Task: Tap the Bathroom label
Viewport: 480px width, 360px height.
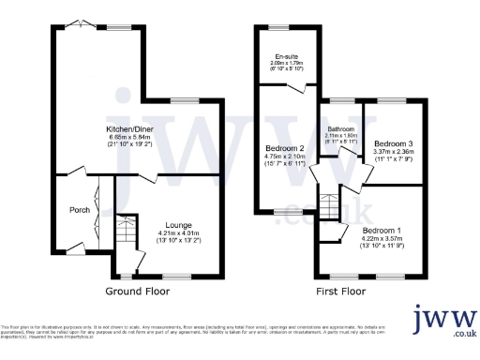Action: tap(340, 128)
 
